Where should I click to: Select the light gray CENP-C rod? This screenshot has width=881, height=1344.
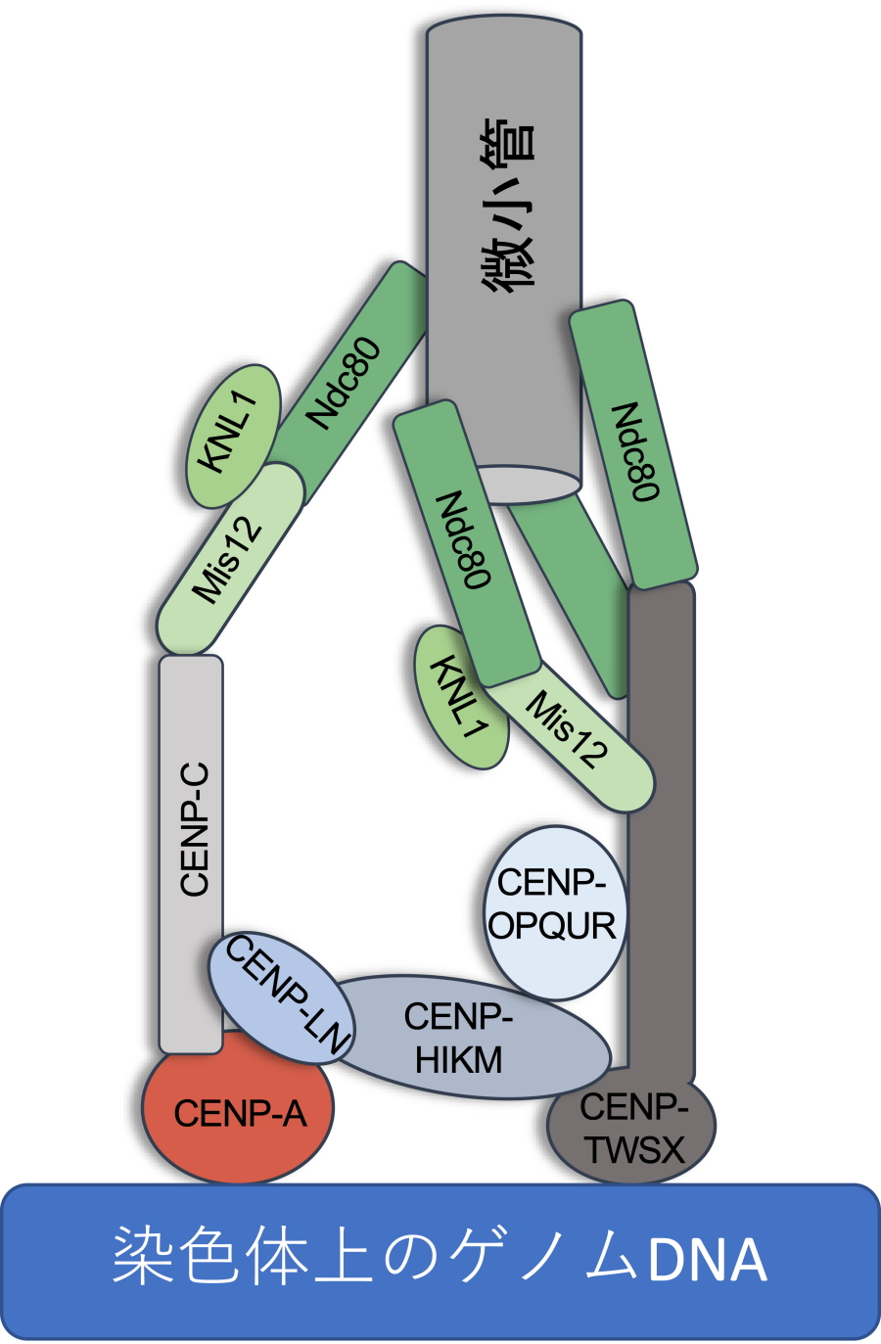coord(191,832)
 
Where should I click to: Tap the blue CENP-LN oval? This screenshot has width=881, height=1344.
coord(280,996)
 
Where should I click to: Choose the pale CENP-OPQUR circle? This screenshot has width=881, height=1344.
coord(554,911)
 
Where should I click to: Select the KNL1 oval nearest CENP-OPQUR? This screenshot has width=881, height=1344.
coord(460,697)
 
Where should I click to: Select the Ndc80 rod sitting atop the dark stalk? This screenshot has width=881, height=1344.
coord(634,445)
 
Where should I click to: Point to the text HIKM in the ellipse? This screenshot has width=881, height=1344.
coord(458,1060)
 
